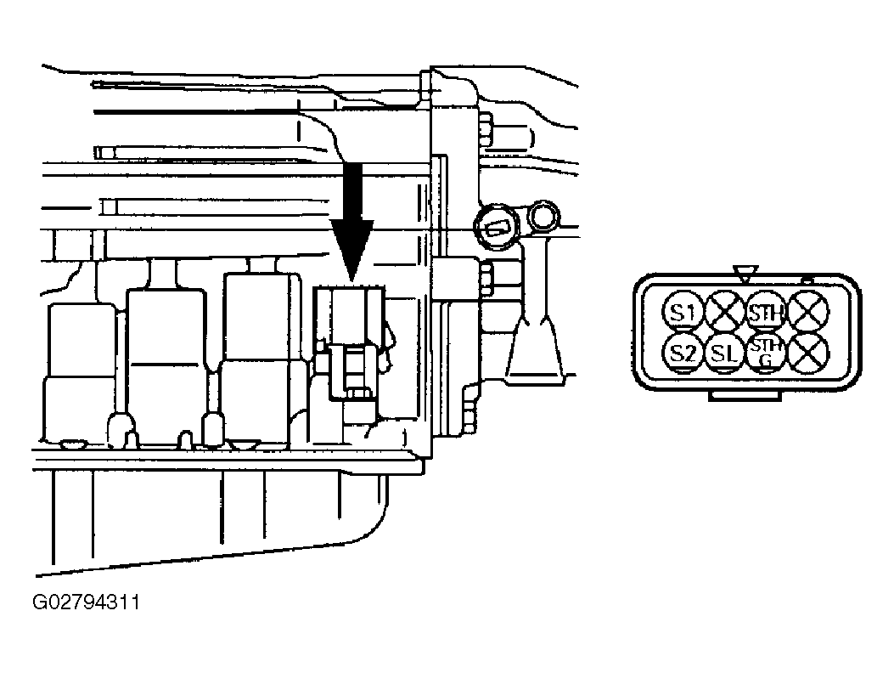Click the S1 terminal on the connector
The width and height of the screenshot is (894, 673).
pos(682,312)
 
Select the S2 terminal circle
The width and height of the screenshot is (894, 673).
pos(682,353)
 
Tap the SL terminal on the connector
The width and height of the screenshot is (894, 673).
pos(724,353)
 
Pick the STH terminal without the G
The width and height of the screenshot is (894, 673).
pos(766,312)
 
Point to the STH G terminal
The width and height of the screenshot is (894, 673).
pos(766,353)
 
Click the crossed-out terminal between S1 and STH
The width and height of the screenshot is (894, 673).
pos(724,312)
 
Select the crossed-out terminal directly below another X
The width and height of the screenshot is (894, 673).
pos(808,353)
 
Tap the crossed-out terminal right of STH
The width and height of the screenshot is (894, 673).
pos(809,312)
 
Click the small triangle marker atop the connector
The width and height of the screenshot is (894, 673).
pos(745,274)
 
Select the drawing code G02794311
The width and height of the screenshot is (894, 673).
pos(86,602)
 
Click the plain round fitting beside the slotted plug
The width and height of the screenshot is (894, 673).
pos(544,218)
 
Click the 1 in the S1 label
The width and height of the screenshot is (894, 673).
pos(690,312)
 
